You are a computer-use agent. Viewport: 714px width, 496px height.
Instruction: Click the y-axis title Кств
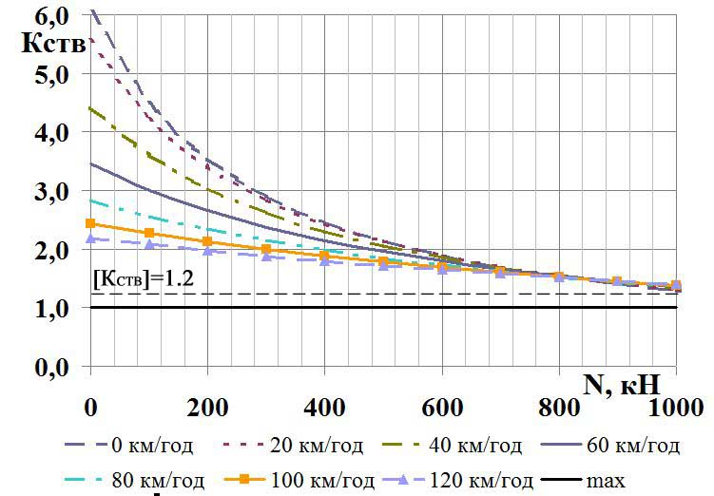(45, 44)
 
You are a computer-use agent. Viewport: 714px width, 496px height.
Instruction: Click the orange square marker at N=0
(90, 223)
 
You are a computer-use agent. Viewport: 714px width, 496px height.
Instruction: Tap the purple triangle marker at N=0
(90, 238)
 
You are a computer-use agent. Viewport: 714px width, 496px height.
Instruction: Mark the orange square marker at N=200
(207, 241)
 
